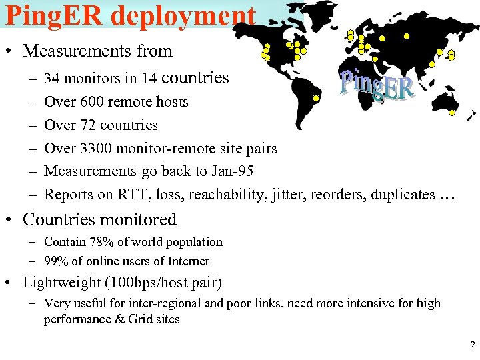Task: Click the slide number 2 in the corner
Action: click(473, 345)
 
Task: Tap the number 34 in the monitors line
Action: click(51, 79)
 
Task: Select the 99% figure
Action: click(56, 262)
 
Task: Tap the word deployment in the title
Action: click(183, 15)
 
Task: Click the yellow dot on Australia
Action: click(452, 113)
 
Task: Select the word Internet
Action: click(189, 262)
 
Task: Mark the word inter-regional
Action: click(147, 303)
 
